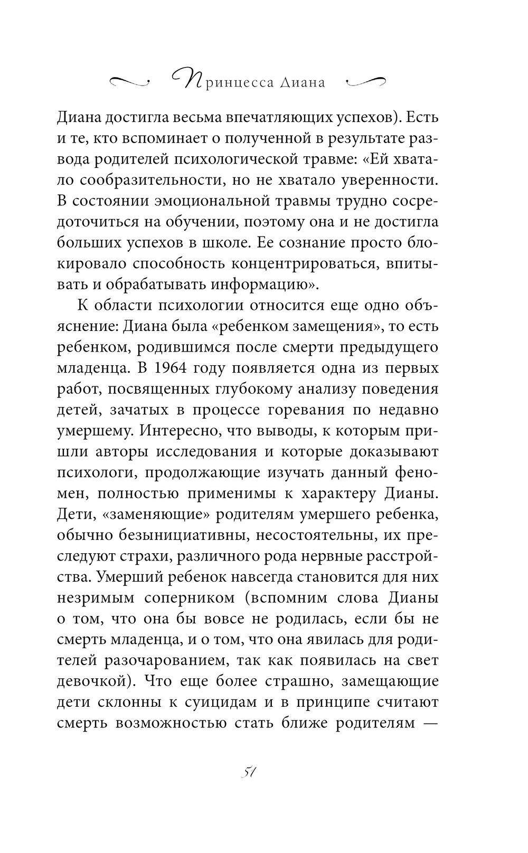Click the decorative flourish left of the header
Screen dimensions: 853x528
(x=129, y=81)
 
